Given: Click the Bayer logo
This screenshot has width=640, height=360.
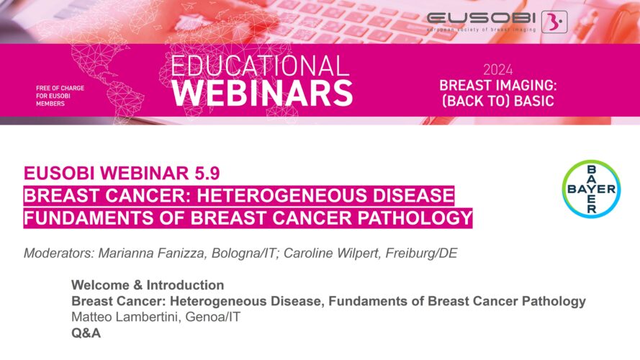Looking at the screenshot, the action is pyautogui.click(x=591, y=189).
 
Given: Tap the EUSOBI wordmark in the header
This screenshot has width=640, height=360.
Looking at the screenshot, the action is pyautogui.click(x=481, y=18).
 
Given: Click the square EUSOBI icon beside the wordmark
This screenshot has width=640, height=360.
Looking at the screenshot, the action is pyautogui.click(x=554, y=22).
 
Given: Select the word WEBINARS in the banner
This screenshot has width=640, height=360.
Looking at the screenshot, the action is pyautogui.click(x=262, y=93).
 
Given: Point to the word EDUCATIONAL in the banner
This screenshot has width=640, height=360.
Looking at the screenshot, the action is pyautogui.click(x=260, y=66).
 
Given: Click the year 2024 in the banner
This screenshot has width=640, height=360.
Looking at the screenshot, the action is pyautogui.click(x=498, y=71).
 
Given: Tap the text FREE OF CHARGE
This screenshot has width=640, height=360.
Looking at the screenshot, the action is pyautogui.click(x=60, y=88).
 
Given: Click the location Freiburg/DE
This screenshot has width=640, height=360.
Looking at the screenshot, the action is pyautogui.click(x=422, y=253).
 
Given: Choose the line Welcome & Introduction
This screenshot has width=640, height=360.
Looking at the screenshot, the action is pyautogui.click(x=148, y=285).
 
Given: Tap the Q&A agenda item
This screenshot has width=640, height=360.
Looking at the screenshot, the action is pyautogui.click(x=86, y=333).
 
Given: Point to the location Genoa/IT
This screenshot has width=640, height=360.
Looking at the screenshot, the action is pyautogui.click(x=213, y=317).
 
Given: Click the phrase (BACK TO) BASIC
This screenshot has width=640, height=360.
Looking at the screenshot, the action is pyautogui.click(x=498, y=101).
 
